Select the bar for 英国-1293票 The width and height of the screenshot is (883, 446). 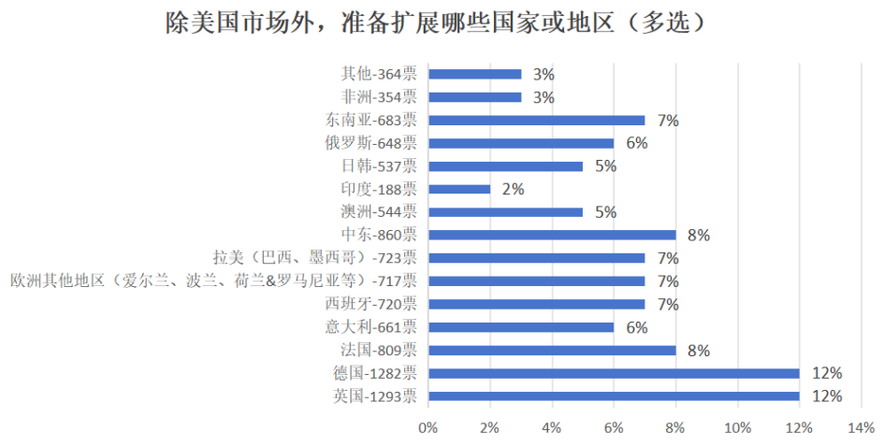[614, 396]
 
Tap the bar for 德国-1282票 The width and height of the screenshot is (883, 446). [614, 373]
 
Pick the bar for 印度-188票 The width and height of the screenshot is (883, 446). [459, 189]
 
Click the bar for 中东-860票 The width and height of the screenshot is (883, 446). [552, 235]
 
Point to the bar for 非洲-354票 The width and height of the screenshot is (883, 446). [474, 97]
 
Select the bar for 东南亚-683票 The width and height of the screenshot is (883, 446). [536, 120]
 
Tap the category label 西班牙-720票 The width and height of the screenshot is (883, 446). [370, 304]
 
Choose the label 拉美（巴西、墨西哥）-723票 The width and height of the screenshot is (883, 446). [315, 258]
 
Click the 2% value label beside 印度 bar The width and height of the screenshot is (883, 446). [513, 189]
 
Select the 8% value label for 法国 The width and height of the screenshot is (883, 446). [698, 351]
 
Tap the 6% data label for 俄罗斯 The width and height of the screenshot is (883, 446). [636, 143]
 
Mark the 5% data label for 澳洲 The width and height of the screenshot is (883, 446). [605, 212]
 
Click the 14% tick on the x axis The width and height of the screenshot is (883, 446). [861, 428]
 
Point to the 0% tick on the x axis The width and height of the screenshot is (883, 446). [428, 428]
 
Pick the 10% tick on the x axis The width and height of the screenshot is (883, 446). [737, 428]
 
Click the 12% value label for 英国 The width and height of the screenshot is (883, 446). [828, 396]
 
